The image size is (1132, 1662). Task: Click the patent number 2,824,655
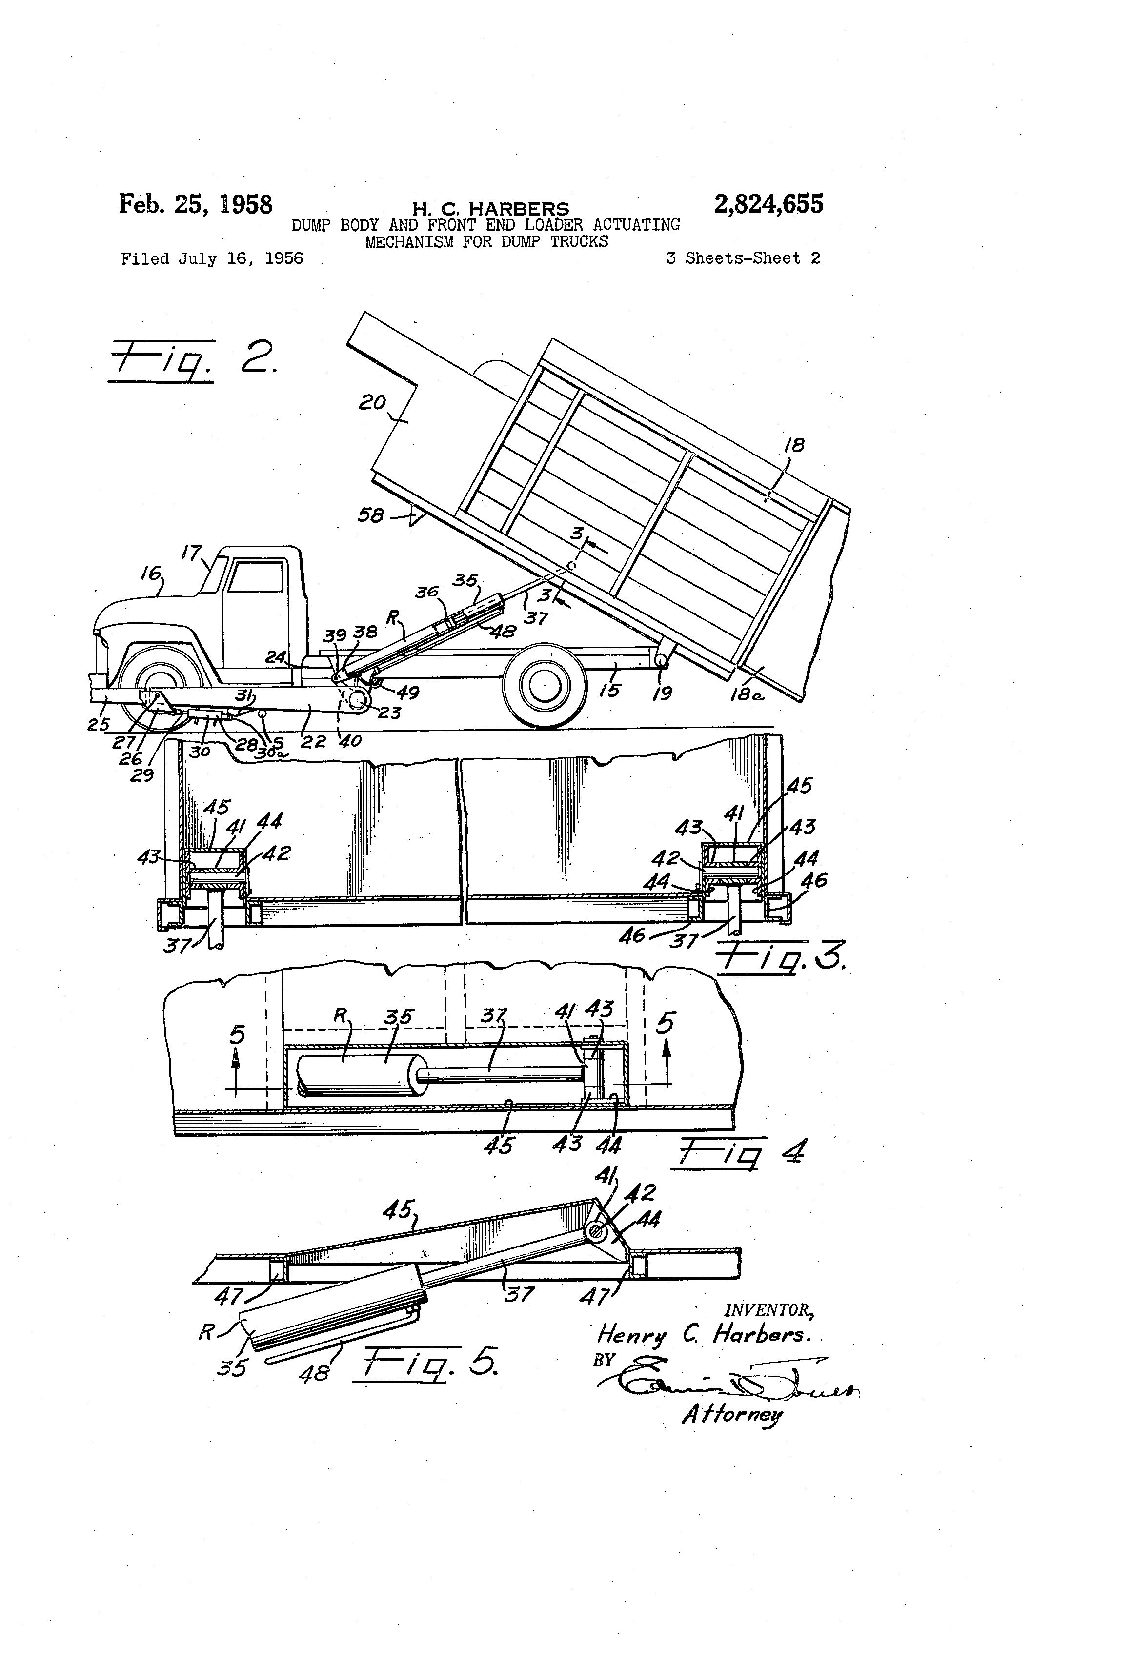click(768, 204)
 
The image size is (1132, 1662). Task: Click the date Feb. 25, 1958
click(195, 204)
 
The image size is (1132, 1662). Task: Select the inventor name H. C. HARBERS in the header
click(490, 209)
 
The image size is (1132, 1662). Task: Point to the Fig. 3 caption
click(781, 958)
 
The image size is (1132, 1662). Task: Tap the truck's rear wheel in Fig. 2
click(545, 687)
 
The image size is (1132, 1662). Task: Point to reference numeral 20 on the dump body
click(372, 403)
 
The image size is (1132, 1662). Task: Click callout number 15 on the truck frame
click(609, 690)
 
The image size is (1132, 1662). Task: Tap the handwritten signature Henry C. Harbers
click(704, 1334)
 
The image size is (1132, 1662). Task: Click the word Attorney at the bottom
click(731, 1414)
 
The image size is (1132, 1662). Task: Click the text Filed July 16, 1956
click(212, 259)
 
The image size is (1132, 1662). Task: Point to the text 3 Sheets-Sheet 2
click(743, 259)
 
